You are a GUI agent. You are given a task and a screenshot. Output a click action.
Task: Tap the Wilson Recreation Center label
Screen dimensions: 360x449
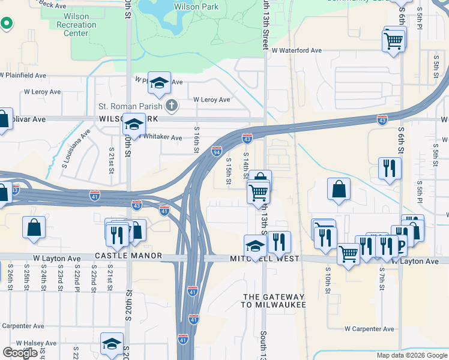pos(76,25)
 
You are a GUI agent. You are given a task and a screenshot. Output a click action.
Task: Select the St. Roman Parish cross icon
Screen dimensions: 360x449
pos(172,106)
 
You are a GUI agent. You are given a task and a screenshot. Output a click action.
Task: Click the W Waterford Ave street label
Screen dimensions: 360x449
pos(297,51)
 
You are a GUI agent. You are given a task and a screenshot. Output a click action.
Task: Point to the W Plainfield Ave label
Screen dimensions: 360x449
pos(23,76)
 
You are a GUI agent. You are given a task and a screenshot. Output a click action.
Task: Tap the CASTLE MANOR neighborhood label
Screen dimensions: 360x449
pos(128,256)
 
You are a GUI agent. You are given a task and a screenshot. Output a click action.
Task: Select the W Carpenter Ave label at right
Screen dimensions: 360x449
pos(369,329)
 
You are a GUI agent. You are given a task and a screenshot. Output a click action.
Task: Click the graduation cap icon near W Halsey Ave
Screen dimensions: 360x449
pos(112,343)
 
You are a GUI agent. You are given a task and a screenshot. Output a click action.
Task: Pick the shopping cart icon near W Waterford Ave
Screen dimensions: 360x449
pos(394,40)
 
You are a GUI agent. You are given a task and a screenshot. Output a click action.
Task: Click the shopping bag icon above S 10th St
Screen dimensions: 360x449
pos(339,189)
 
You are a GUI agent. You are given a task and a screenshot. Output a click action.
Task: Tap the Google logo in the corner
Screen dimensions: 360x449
pos(20,352)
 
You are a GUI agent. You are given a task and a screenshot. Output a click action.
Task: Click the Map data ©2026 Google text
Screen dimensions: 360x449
pos(411,355)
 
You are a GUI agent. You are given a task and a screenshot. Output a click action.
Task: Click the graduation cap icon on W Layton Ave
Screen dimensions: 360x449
pos(255,245)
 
